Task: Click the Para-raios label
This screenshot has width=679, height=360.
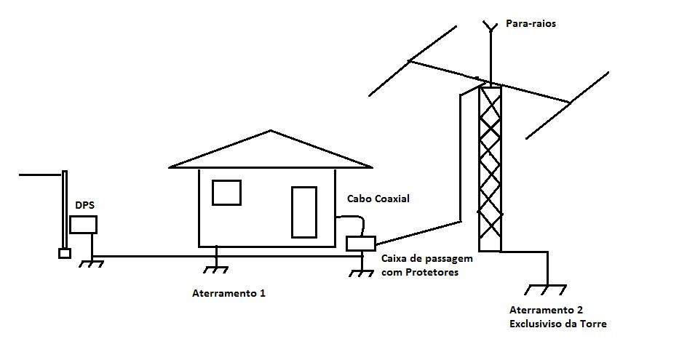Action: (531, 24)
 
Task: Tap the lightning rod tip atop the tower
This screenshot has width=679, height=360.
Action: (490, 27)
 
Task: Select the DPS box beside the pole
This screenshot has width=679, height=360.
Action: (83, 224)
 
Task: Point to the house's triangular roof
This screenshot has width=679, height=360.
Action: (270, 151)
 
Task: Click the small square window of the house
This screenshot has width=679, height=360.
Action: (226, 193)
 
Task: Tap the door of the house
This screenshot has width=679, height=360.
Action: (304, 212)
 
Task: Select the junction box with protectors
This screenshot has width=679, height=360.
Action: (360, 244)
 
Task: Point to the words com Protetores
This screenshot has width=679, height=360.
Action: (420, 273)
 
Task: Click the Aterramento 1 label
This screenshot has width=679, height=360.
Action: (229, 294)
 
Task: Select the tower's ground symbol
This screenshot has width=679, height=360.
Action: (545, 289)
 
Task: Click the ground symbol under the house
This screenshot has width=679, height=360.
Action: (217, 268)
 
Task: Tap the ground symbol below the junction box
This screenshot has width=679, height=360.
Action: (360, 272)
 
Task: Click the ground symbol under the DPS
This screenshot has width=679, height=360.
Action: (91, 263)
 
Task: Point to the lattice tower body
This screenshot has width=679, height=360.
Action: (489, 167)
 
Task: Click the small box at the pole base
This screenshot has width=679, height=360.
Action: (64, 254)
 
